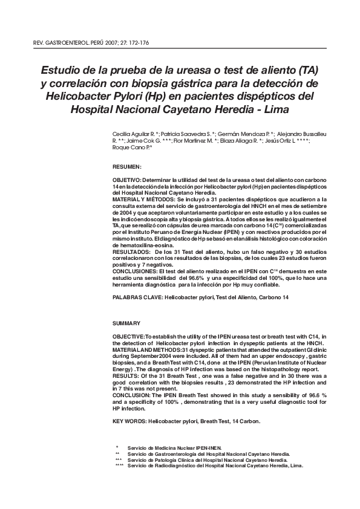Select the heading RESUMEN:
(127, 166)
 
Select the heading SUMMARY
(126, 323)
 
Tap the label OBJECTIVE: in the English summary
(128, 336)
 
